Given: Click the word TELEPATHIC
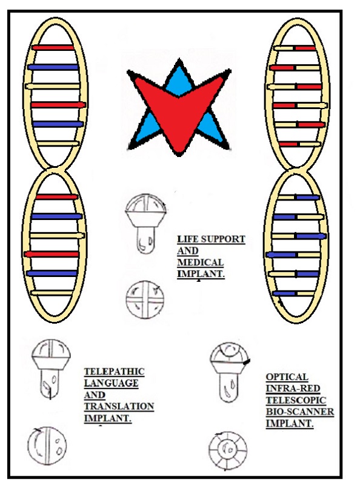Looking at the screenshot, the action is [114, 372].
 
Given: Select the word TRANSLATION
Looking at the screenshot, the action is [119, 407].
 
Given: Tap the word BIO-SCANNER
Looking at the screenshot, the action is [300, 412].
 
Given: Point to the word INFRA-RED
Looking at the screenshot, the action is [293, 389].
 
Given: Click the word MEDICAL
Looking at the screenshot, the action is [201, 262].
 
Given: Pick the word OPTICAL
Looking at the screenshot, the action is [287, 377].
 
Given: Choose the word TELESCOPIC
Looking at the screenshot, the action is [296, 400].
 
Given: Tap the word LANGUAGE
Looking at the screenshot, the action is [111, 384].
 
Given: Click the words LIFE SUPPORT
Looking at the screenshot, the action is [211, 239].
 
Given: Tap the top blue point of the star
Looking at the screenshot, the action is [179, 59].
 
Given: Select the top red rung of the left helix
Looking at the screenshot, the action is [53, 48].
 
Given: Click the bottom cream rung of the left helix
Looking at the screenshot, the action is [52, 293].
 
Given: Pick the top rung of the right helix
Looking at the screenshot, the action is [295, 48].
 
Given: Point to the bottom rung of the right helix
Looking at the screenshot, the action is [293, 293].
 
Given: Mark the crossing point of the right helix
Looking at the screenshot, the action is [296, 170].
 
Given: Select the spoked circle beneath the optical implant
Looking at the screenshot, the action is [228, 450].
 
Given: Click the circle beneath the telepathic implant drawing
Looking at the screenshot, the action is [47, 446].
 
